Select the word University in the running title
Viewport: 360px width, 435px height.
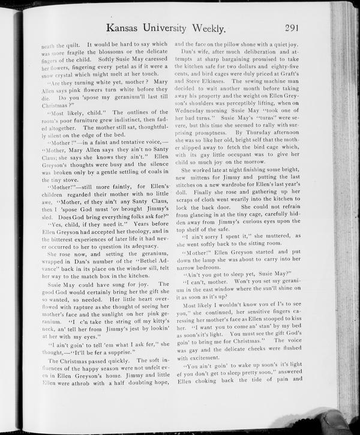tap(183, 28)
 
